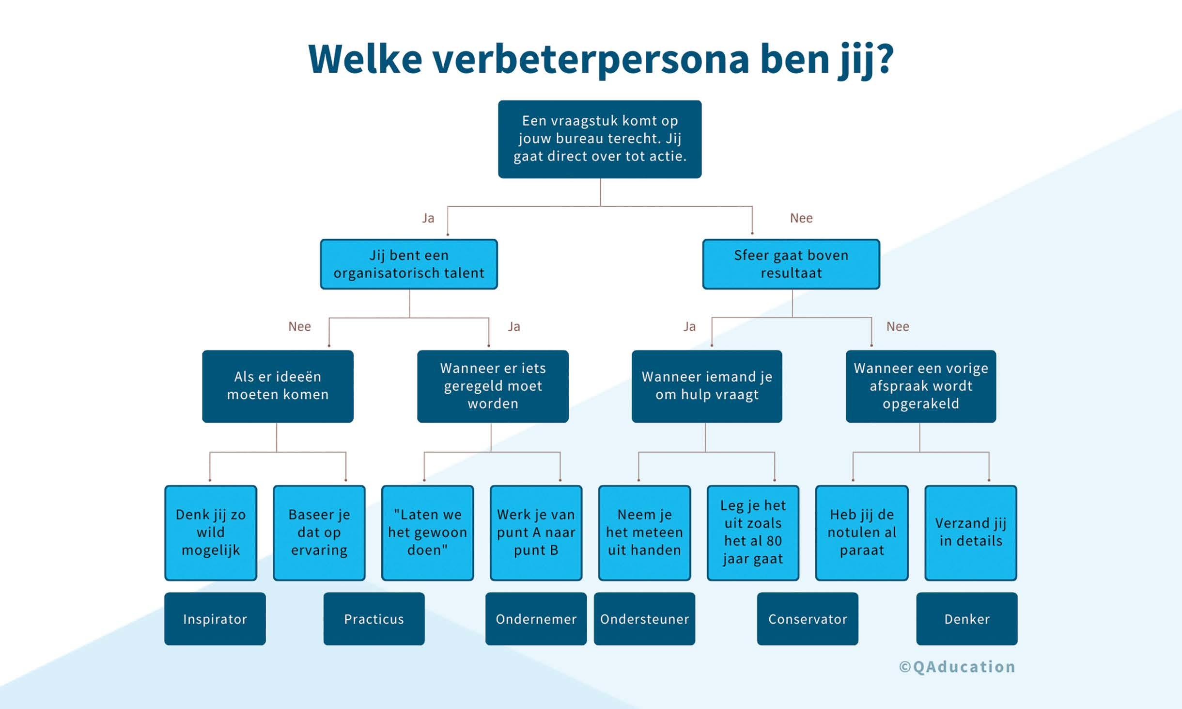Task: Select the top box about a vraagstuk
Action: [x=600, y=139]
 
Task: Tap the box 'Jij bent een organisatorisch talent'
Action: [x=408, y=264]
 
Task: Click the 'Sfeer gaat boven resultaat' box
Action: [x=791, y=264]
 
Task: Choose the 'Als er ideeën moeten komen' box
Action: [x=278, y=386]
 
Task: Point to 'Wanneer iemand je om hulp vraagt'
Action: [x=707, y=386]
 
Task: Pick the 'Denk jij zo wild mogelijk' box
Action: [x=211, y=532]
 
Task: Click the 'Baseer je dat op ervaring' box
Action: [x=319, y=532]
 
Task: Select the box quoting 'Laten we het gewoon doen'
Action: [x=427, y=532]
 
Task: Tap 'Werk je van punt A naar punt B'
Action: [x=536, y=532]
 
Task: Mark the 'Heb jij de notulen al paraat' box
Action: [x=862, y=532]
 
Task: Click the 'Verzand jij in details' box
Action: [x=971, y=532]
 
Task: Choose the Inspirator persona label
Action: [x=215, y=619]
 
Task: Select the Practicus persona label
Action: [x=374, y=619]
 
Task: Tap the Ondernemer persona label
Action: [x=536, y=619]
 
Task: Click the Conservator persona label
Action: [x=808, y=619]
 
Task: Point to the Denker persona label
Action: [x=967, y=619]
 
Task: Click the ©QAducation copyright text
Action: [x=957, y=667]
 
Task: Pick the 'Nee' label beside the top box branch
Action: [x=801, y=218]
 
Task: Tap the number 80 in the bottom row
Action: [x=774, y=541]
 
